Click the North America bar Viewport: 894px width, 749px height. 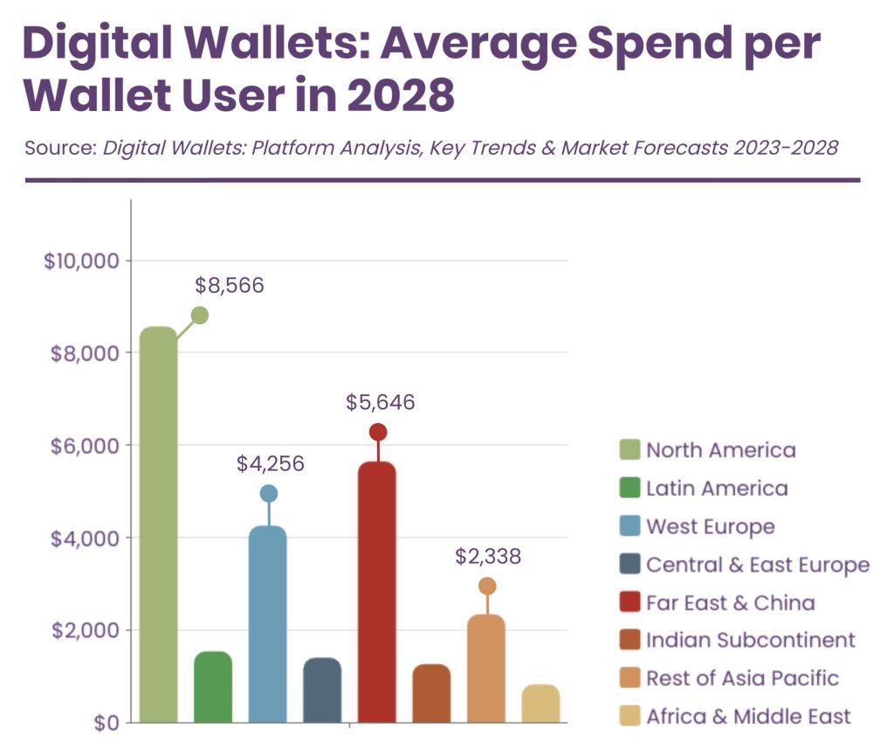pyautogui.click(x=158, y=524)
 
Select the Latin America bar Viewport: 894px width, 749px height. pyautogui.click(x=213, y=687)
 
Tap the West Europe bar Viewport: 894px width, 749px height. pyautogui.click(x=267, y=624)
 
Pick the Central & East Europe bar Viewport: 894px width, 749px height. pyautogui.click(x=322, y=690)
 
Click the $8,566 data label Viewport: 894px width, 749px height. pyautogui.click(x=229, y=285)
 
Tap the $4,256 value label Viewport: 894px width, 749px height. pyautogui.click(x=271, y=464)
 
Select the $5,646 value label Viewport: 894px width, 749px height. pyautogui.click(x=381, y=403)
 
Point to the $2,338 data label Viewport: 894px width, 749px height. pyautogui.click(x=488, y=557)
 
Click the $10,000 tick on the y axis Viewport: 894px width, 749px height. pyautogui.click(x=79, y=260)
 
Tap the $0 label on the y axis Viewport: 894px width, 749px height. pyautogui.click(x=107, y=723)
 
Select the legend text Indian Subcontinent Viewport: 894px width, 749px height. pyautogui.click(x=750, y=640)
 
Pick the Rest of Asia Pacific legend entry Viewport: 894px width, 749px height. pyautogui.click(x=742, y=678)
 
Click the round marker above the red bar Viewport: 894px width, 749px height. pyautogui.click(x=378, y=432)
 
